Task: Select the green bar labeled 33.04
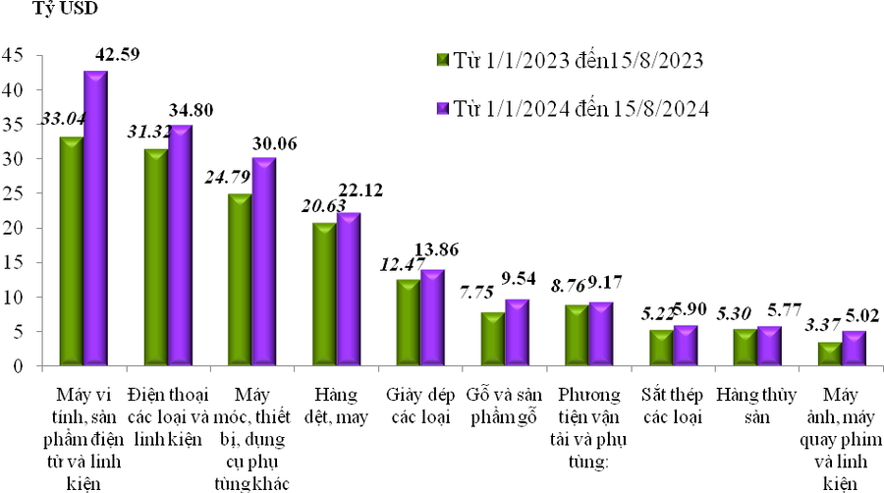click(x=71, y=250)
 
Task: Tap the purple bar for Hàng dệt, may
click(x=349, y=289)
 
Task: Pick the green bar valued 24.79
click(x=240, y=279)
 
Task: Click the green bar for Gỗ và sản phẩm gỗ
click(x=493, y=338)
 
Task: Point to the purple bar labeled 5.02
click(x=854, y=348)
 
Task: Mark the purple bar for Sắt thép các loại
click(x=686, y=345)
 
